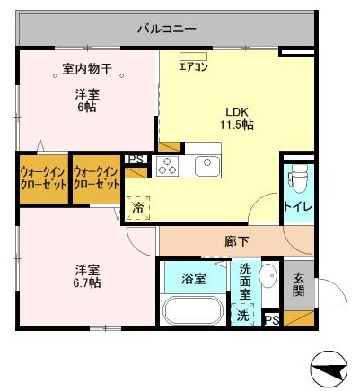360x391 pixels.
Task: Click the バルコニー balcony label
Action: (166, 29)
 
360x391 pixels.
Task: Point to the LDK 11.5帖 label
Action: (238, 118)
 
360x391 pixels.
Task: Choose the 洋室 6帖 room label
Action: (86, 99)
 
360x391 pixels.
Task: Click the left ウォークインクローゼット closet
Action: (42, 178)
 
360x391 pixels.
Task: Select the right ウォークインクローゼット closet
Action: (97, 178)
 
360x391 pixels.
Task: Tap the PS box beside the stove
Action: (136, 160)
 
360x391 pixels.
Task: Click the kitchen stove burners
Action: (167, 166)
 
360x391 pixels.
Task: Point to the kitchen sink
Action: (207, 165)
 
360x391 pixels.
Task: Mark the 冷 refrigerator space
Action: (139, 208)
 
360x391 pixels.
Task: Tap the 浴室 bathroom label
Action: (193, 278)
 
